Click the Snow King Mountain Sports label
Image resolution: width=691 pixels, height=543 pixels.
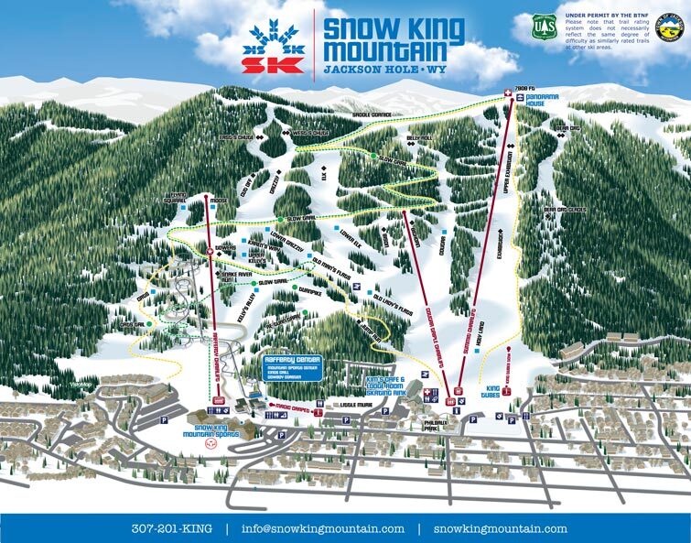point(217,432)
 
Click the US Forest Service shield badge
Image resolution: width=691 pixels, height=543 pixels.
point(545,28)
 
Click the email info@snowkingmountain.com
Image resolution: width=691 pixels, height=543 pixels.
point(322,528)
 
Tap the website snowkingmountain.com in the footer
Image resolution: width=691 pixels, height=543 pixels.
point(500,528)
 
